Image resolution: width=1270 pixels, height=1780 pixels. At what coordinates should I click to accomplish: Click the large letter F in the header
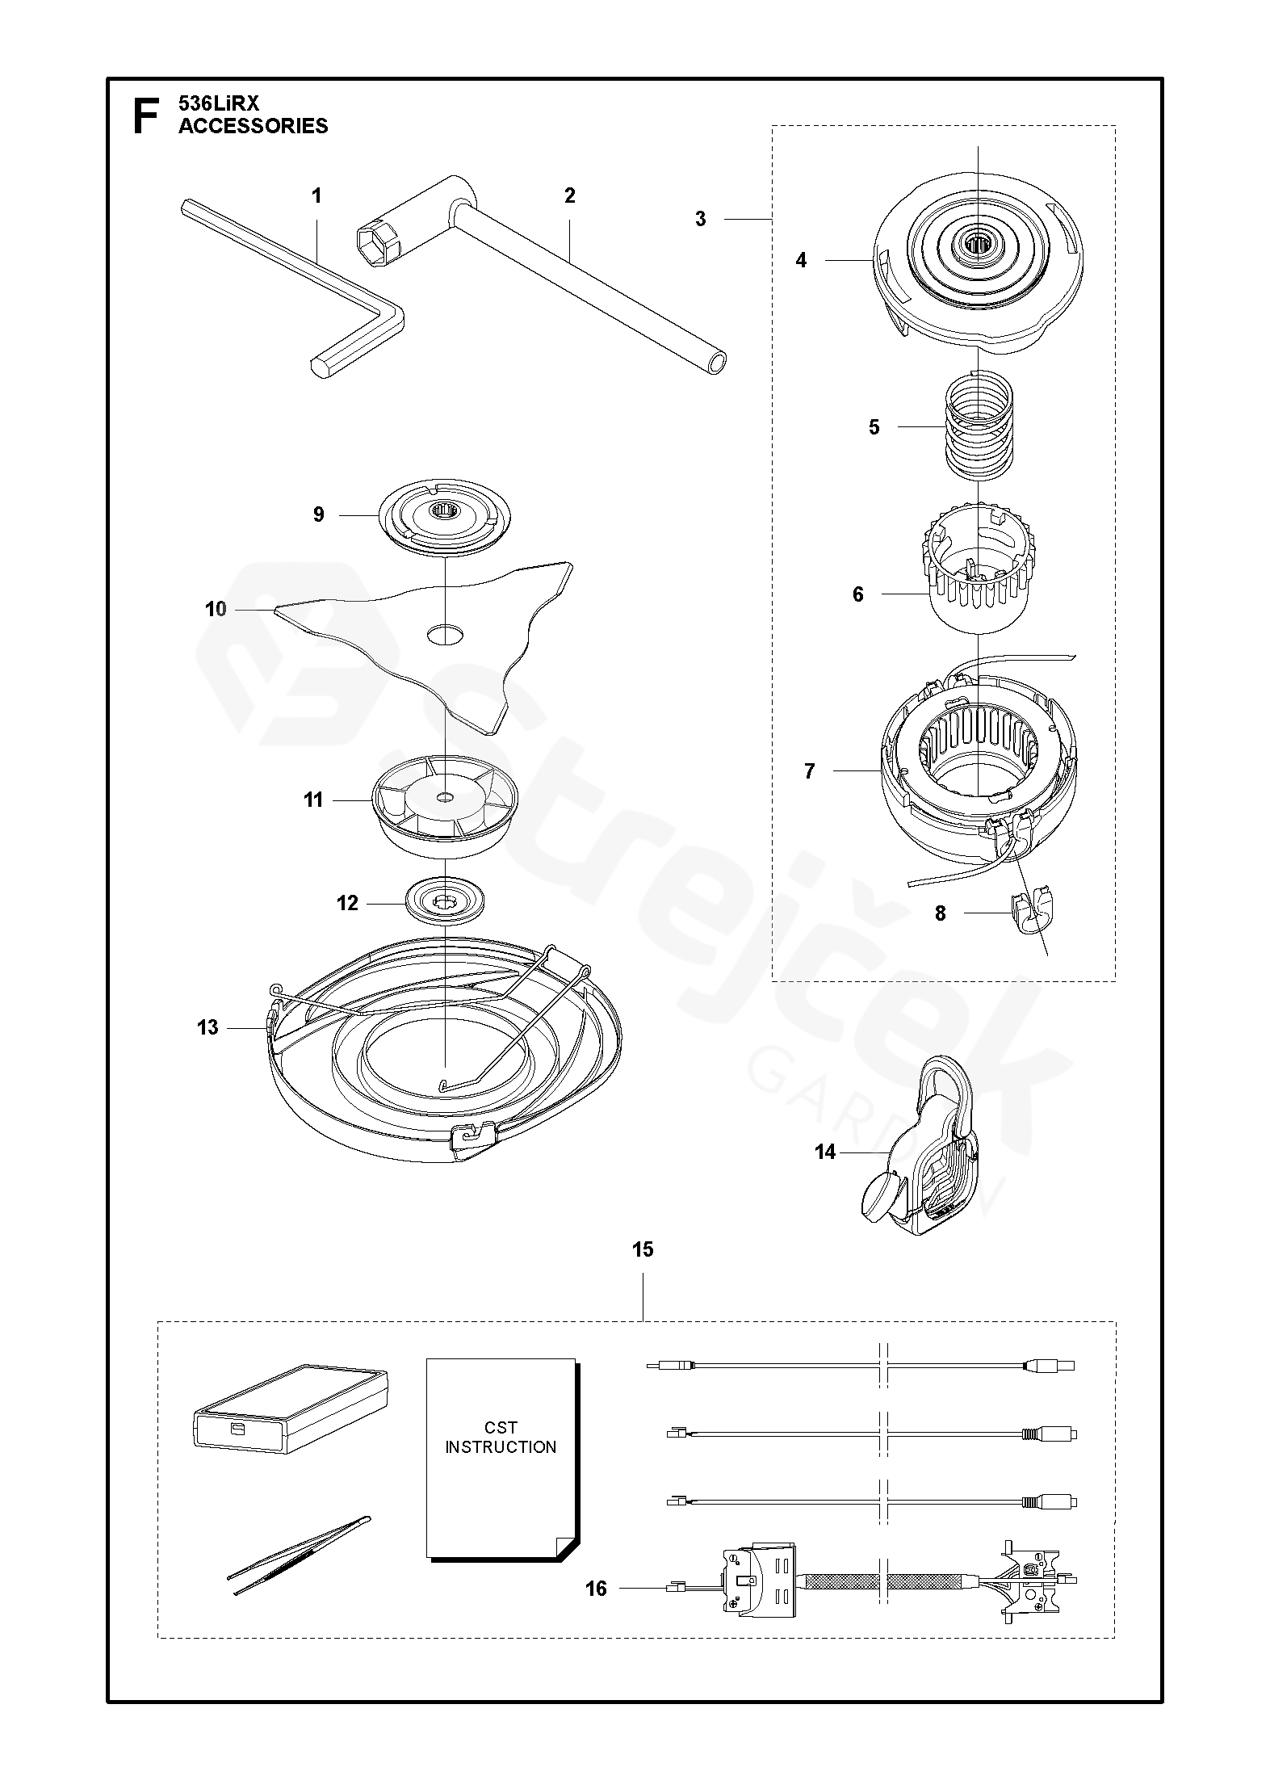coord(145,115)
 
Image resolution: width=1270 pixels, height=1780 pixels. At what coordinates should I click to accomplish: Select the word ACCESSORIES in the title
coord(253,126)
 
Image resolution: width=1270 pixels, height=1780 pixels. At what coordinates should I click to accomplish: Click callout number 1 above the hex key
coord(316,195)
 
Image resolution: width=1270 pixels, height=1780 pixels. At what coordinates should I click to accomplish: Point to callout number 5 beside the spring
coord(874,427)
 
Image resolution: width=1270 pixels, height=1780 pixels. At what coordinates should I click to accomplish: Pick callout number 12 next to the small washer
coord(347,903)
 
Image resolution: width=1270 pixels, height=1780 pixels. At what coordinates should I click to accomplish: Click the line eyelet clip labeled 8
coord(1028,918)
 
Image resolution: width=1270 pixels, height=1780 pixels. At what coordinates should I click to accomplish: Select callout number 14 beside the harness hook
coord(824,1152)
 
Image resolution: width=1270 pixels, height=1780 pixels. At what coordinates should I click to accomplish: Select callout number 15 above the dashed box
coord(642,1250)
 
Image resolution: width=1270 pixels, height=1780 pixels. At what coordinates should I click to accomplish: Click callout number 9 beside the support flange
coord(319,514)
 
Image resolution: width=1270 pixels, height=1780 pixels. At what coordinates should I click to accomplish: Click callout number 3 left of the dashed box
coord(700,219)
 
